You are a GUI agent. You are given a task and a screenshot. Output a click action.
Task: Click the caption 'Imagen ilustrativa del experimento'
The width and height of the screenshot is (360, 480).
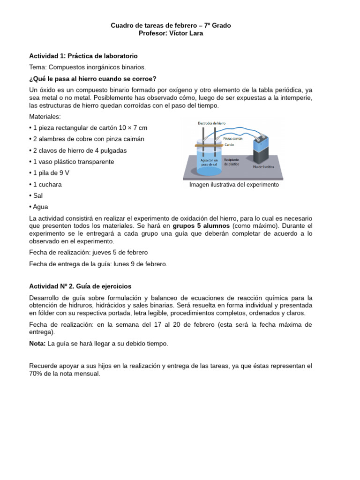[x=234, y=185]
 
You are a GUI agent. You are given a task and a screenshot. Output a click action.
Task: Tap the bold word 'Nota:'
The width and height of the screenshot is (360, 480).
[x=37, y=344]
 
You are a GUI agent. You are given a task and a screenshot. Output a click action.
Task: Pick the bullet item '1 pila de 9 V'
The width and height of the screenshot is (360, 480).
[x=52, y=173]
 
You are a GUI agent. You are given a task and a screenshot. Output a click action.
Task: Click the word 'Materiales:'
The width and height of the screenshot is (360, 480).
[x=45, y=117]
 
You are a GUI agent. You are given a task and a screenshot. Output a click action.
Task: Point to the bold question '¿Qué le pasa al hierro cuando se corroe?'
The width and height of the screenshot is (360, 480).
[x=92, y=78]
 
